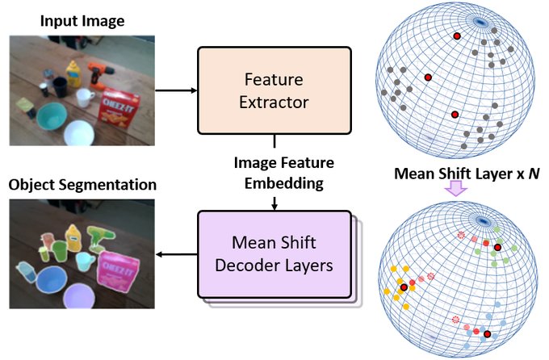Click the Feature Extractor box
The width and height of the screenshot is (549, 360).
coord(274,90)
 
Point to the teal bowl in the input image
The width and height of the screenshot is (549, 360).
coord(49,116)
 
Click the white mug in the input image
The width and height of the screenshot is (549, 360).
coord(84,98)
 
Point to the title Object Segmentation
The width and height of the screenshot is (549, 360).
coord(82,186)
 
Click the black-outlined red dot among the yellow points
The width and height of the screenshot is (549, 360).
coord(401,287)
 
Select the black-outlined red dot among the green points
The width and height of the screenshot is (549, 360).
coord(497,247)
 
